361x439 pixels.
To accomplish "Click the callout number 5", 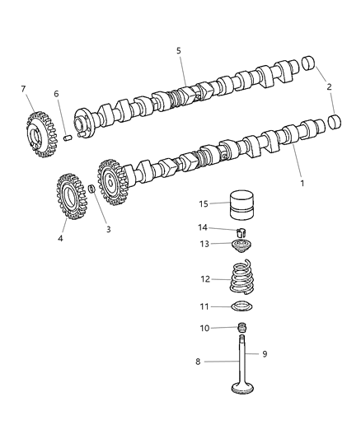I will [x=178, y=50].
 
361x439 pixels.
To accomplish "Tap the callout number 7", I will [x=24, y=88].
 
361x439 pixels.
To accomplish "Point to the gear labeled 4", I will [x=72, y=196].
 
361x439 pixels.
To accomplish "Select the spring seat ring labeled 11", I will [x=241, y=309].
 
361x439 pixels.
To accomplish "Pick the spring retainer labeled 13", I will [x=241, y=245].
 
